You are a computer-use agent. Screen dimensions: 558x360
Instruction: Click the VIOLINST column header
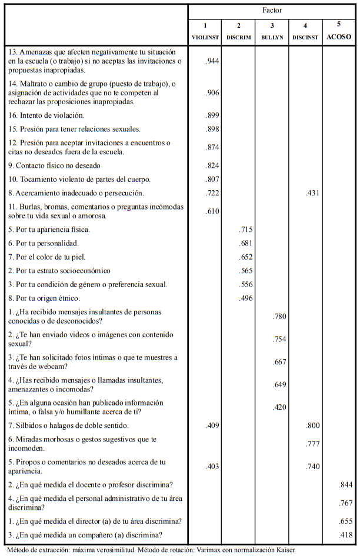(x=205, y=37)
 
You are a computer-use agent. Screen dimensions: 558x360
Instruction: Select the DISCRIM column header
(x=239, y=37)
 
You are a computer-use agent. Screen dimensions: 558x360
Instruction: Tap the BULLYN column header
(x=272, y=37)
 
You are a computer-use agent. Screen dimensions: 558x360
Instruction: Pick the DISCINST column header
(x=306, y=37)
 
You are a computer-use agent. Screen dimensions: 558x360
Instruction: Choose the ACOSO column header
(x=339, y=36)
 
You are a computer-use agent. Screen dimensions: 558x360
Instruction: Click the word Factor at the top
(x=272, y=11)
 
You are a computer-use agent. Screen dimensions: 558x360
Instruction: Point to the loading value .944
(x=212, y=61)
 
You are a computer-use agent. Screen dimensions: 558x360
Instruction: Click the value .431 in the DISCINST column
(x=313, y=193)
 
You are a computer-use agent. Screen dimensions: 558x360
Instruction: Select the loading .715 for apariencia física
(x=246, y=230)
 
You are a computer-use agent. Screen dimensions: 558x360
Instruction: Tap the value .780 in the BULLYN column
(x=279, y=317)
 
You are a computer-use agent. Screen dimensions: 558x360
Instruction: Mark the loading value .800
(x=313, y=426)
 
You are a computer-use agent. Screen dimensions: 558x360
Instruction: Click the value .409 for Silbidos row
(x=212, y=426)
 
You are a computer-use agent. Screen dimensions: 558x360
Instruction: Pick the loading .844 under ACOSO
(x=346, y=485)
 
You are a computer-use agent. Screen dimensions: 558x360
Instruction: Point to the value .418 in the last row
(x=346, y=534)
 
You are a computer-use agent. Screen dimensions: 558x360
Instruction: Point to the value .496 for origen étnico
(x=246, y=298)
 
